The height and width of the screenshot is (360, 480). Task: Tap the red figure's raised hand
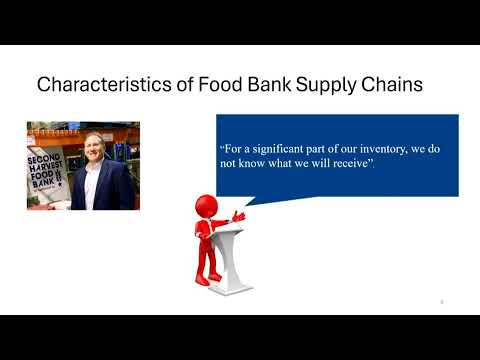click(x=237, y=215)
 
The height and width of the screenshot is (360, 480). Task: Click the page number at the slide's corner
click(x=441, y=300)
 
